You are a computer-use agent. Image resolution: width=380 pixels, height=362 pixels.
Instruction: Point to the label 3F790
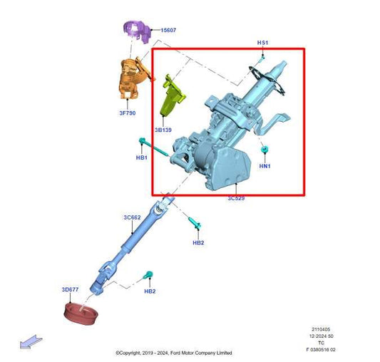pyautogui.click(x=127, y=113)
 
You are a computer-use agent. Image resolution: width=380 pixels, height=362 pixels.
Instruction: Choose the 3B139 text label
pyautogui.click(x=163, y=130)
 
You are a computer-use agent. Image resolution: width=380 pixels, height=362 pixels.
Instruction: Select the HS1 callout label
pyautogui.click(x=262, y=43)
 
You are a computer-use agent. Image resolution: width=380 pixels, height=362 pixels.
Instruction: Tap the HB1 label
pyautogui.click(x=141, y=157)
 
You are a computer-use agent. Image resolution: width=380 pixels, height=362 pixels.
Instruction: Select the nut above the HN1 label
pyautogui.click(x=265, y=150)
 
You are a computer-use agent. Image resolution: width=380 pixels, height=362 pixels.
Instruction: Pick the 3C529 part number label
pyautogui.click(x=236, y=197)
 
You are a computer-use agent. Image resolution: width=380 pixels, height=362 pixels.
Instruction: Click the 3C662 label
pyautogui.click(x=133, y=217)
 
